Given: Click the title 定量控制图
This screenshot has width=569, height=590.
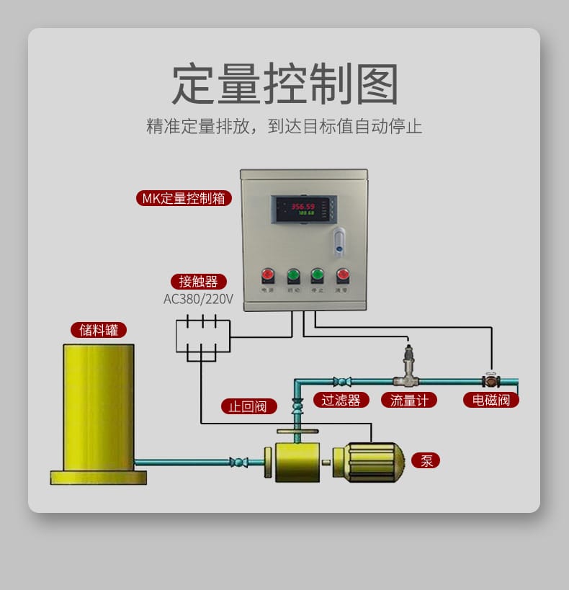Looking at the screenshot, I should click(x=284, y=84).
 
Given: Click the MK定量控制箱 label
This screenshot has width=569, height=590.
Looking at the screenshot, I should click(x=184, y=198).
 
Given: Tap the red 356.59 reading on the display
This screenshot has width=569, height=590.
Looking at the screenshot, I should click(x=302, y=206).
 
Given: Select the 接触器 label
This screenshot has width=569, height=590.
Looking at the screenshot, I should click(x=199, y=282).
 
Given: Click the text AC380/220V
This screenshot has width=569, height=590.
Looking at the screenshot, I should click(x=198, y=298).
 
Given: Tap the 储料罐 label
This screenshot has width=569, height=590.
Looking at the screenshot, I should click(x=99, y=330).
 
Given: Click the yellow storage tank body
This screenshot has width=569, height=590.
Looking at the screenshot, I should click(x=99, y=407).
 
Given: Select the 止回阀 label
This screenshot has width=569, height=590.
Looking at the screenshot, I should click(x=248, y=406).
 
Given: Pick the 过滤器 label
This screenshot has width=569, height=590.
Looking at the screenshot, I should click(x=341, y=400).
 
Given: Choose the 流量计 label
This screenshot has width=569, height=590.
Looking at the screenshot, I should click(x=409, y=400).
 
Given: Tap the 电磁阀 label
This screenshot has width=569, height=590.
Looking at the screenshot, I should click(x=490, y=400).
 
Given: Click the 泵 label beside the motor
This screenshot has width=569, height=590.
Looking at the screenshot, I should click(x=426, y=460).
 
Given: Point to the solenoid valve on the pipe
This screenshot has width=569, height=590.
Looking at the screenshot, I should click(x=491, y=380).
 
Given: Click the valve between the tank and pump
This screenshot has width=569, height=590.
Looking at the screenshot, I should click(x=238, y=462).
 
